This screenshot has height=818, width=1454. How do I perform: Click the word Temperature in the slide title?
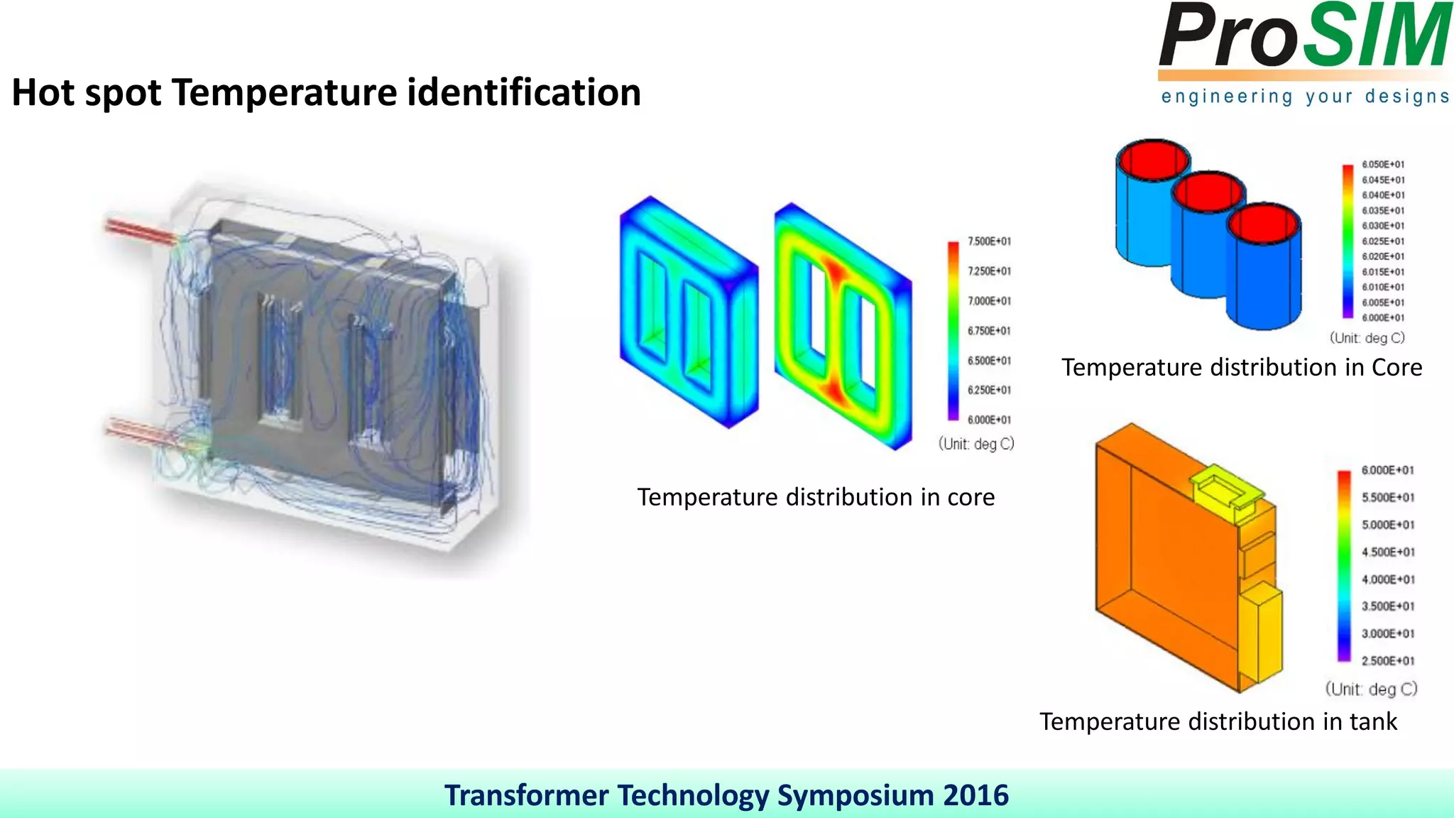click(x=284, y=93)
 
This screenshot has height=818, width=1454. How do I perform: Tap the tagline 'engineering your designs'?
click(x=1304, y=97)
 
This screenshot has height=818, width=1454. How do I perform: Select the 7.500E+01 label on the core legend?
click(x=989, y=241)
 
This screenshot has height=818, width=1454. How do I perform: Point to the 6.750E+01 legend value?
click(x=989, y=331)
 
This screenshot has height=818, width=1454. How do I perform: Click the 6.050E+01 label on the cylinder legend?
click(x=1383, y=165)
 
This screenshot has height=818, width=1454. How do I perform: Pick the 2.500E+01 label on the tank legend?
click(x=1388, y=661)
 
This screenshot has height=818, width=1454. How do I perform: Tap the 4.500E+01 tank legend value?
click(x=1388, y=552)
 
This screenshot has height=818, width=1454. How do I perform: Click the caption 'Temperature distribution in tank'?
click(x=1218, y=721)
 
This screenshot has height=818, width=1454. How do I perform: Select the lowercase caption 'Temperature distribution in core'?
click(x=816, y=497)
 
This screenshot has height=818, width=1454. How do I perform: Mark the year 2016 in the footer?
click(x=975, y=795)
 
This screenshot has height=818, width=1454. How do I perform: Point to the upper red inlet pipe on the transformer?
click(x=138, y=231)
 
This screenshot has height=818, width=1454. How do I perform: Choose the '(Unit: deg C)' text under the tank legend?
click(x=1371, y=689)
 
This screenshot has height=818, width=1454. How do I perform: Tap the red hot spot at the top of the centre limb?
click(x=833, y=272)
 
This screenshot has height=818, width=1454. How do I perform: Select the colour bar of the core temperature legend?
click(x=953, y=331)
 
